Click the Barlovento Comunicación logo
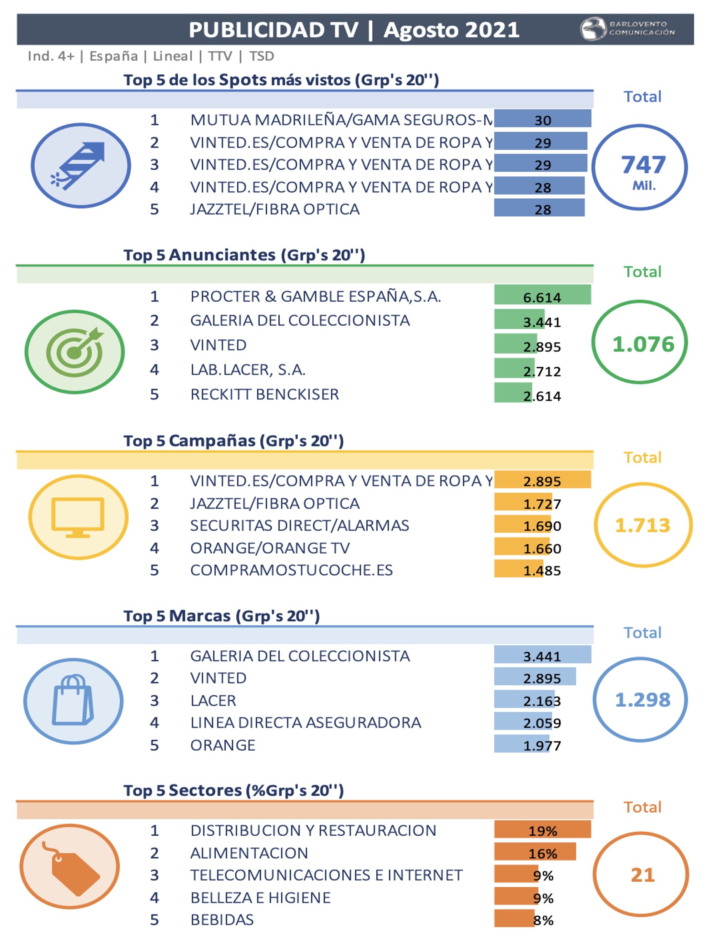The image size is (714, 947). click(627, 29)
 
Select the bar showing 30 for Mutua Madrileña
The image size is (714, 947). click(542, 119)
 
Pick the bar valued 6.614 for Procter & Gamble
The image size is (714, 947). click(542, 296)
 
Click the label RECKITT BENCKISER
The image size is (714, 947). click(265, 394)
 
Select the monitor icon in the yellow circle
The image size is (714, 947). click(78, 517)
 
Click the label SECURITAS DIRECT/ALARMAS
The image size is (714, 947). click(300, 525)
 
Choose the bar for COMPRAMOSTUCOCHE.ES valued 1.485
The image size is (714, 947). click(519, 569)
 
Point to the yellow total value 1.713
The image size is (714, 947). click(643, 525)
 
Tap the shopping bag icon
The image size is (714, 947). click(73, 701)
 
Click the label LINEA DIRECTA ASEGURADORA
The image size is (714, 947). click(306, 723)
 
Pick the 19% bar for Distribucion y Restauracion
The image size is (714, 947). click(542, 829)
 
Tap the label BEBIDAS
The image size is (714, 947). click(222, 920)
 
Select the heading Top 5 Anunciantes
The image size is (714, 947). click(244, 255)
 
